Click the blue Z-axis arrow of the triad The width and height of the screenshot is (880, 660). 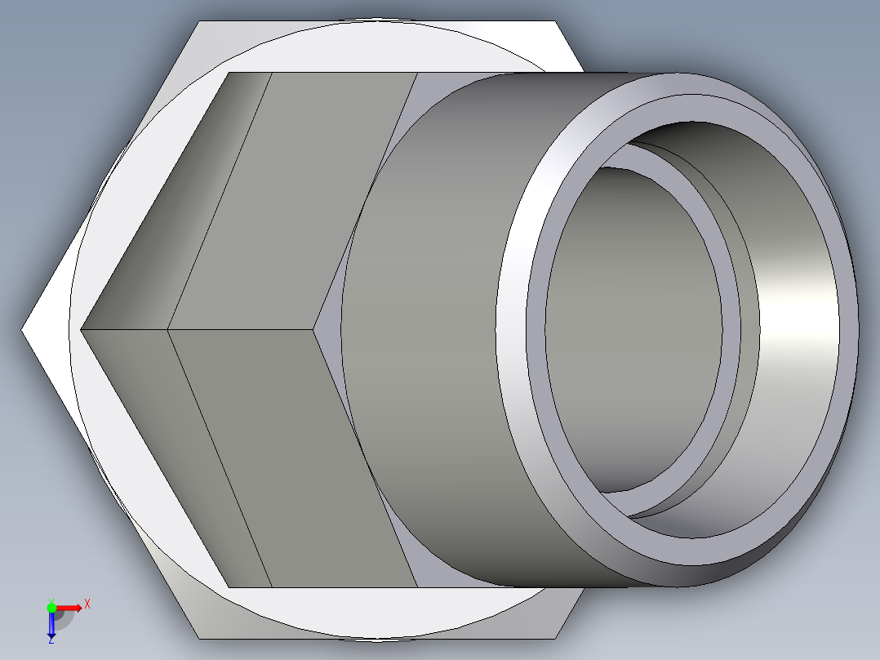51,626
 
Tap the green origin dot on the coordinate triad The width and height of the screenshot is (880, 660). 51,607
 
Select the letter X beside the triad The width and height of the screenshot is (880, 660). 87,604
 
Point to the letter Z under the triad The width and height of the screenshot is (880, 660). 51,641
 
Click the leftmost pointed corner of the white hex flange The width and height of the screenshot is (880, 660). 23,330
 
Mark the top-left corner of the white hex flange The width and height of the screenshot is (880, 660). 199,22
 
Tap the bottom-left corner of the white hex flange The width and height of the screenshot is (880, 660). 199,638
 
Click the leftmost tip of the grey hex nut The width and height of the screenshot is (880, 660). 82,329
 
